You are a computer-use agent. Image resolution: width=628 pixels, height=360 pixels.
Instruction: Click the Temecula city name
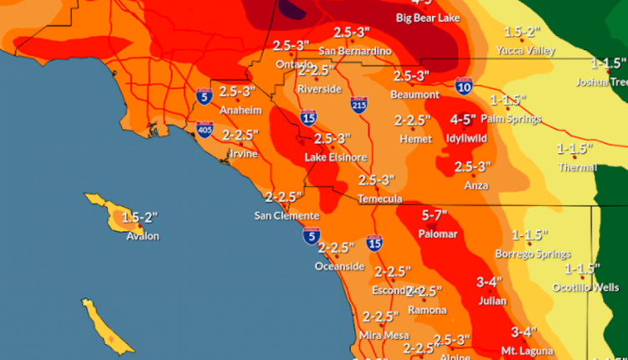coord(380,199)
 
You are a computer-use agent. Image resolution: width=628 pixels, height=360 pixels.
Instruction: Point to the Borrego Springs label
coord(533,253)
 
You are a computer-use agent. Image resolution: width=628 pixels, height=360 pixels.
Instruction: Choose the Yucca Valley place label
coord(528,50)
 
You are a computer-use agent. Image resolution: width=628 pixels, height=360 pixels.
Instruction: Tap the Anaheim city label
coord(235,111)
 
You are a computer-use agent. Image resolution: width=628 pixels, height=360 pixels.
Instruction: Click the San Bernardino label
coord(354,50)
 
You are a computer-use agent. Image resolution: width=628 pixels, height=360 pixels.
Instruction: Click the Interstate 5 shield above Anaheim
coord(203,96)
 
